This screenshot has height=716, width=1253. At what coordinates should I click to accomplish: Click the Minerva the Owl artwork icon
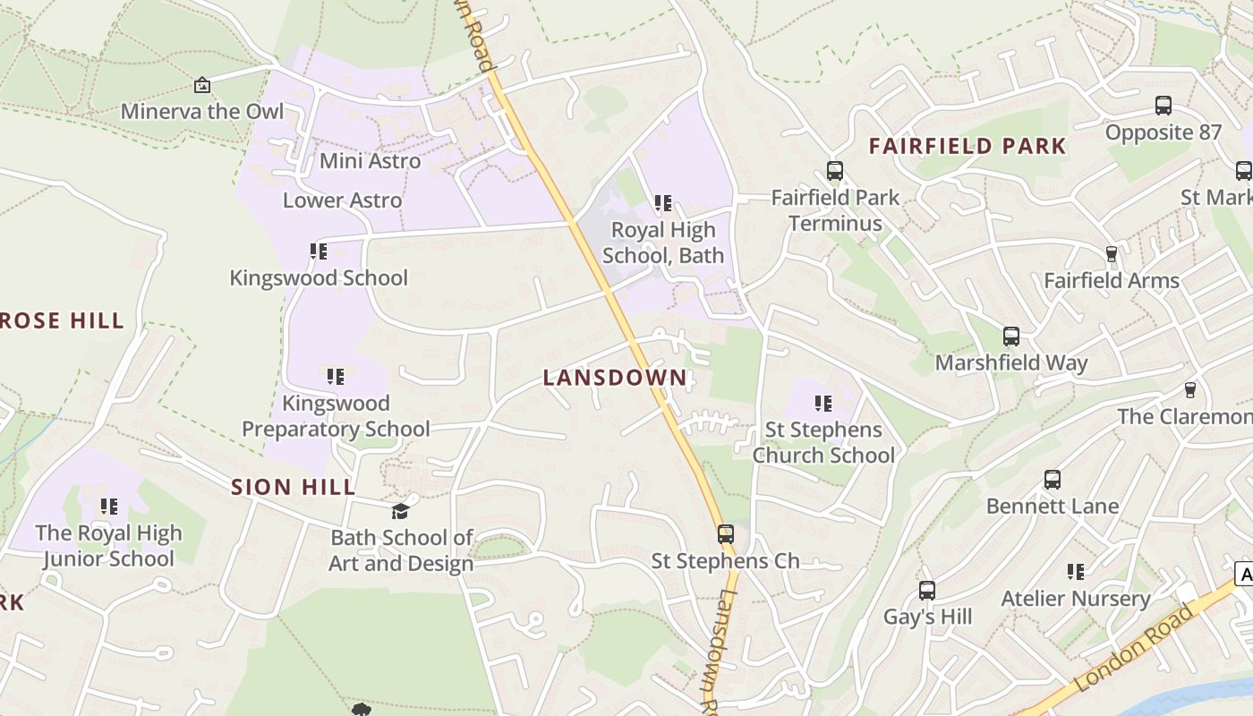[x=202, y=85]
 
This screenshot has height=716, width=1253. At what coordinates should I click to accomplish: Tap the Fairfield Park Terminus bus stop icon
[x=834, y=170]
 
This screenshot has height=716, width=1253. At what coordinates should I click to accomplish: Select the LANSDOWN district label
[x=615, y=378]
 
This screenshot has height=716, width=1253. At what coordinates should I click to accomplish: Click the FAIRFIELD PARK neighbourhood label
[x=967, y=146]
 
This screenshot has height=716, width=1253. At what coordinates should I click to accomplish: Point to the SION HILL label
[x=294, y=487]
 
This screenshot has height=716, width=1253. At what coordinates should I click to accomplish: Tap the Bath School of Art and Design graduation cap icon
[x=400, y=511]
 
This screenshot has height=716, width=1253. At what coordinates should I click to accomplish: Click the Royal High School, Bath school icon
[x=662, y=203]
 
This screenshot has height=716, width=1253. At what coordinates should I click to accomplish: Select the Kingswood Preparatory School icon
[x=335, y=377]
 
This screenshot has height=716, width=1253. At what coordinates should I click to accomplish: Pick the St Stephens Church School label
[x=823, y=442]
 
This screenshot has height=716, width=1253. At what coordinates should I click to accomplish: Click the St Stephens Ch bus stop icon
[x=725, y=534]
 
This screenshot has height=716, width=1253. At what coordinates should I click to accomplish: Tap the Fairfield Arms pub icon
[x=1111, y=254]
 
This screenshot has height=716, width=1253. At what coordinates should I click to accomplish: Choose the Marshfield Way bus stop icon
[x=1010, y=337]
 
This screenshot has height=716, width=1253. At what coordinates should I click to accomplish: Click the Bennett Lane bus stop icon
[x=1052, y=480]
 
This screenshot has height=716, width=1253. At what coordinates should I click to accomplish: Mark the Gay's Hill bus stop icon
[x=926, y=591]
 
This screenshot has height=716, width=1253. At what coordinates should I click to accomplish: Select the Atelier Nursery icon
[x=1076, y=571]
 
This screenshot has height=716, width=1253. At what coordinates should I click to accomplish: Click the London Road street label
[x=1134, y=649]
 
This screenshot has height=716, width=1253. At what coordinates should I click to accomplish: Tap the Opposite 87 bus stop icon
[x=1163, y=106]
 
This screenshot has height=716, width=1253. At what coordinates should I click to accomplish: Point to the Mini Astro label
[x=370, y=161]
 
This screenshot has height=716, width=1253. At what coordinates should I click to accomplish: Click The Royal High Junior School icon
[x=108, y=507]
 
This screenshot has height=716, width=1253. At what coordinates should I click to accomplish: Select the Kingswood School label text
[x=319, y=278]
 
